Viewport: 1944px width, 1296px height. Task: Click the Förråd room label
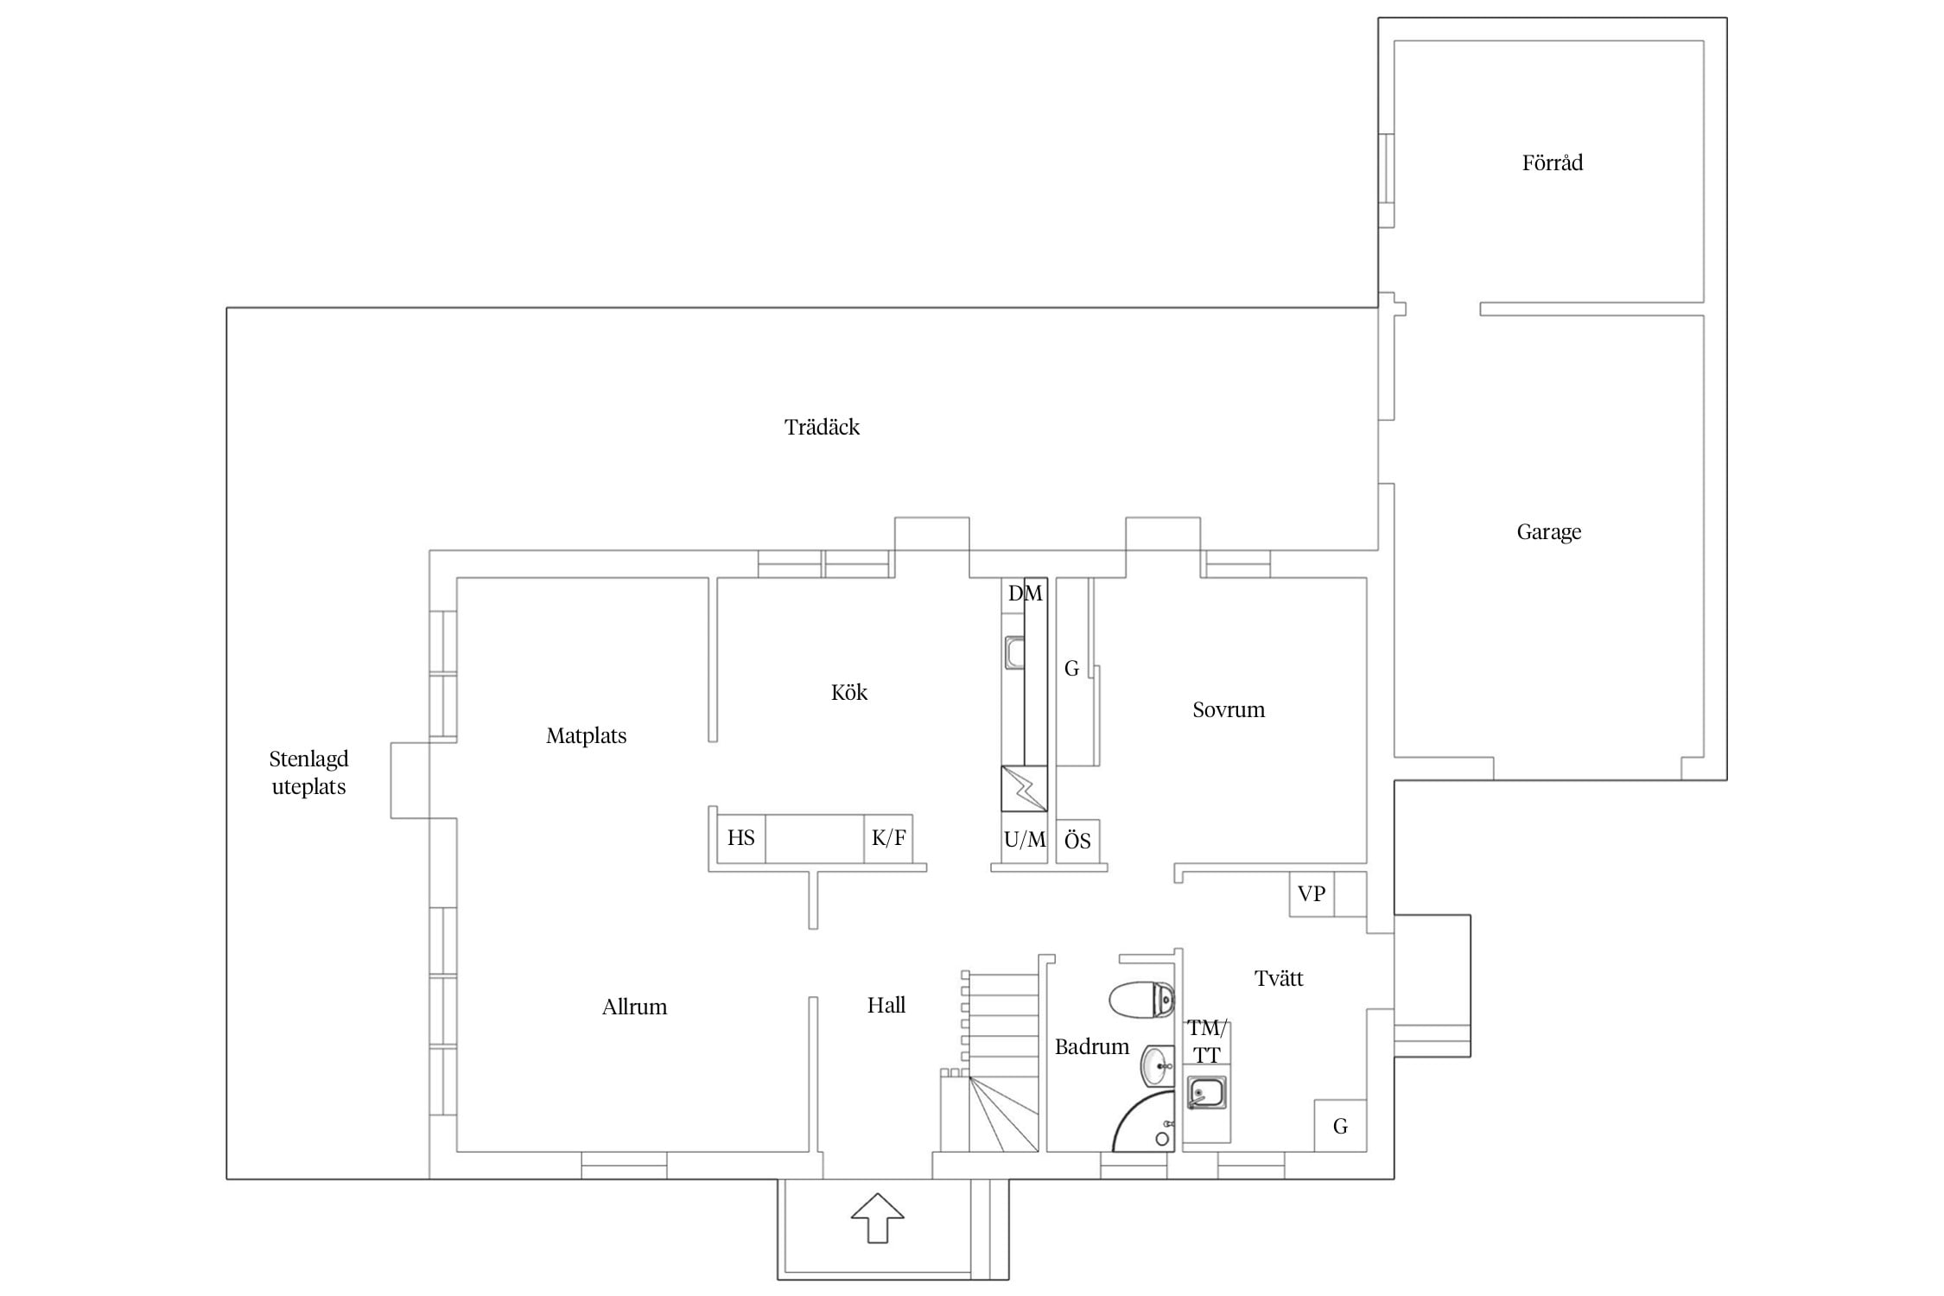[1552, 162]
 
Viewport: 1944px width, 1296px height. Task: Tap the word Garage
[1549, 532]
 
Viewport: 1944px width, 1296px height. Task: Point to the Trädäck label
[822, 427]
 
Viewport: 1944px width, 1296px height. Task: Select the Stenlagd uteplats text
[308, 772]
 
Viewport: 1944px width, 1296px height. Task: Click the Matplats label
[586, 736]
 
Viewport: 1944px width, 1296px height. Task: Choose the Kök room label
[849, 692]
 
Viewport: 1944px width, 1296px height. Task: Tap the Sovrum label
[1229, 710]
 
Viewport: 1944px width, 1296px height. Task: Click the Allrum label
[634, 1007]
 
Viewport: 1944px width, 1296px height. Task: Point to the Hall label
[886, 1005]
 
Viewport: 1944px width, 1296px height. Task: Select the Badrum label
[1092, 1047]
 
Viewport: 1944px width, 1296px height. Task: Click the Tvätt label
[1279, 978]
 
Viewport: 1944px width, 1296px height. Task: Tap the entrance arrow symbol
[878, 1217]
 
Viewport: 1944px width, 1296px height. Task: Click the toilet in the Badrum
[1141, 1001]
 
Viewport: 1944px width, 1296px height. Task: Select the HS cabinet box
[741, 838]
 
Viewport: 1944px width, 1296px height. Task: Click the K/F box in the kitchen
[888, 838]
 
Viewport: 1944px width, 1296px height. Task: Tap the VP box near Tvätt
[1312, 893]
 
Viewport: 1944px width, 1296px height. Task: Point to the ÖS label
[1077, 841]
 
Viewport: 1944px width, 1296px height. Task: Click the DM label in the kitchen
[1026, 594]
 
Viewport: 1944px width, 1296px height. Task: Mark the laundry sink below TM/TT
[1206, 1094]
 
